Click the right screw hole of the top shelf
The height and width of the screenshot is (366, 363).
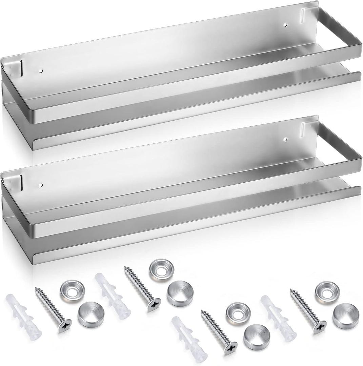coord(286,25)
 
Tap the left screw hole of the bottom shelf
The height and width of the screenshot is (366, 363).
coord(41,185)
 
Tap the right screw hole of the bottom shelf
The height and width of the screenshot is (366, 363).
coord(286,139)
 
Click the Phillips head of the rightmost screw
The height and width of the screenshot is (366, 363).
coord(320,327)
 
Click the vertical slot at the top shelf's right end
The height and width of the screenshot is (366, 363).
coord(303,16)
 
